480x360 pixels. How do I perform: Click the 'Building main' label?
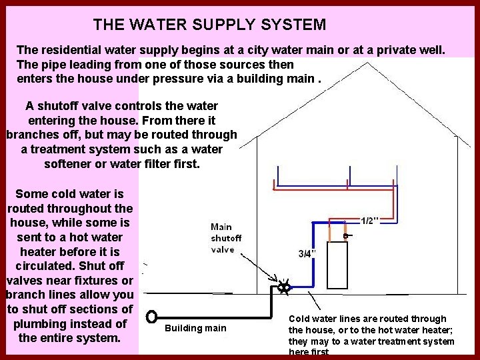click(195, 328)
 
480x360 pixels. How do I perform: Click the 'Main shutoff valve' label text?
click(226, 238)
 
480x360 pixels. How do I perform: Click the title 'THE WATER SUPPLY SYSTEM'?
click(209, 25)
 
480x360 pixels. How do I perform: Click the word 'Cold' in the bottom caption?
click(301, 319)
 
